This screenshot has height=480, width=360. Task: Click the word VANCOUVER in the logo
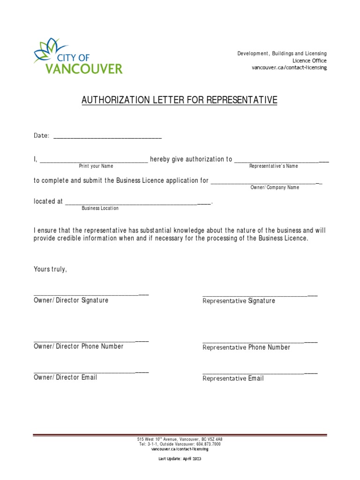point(84,68)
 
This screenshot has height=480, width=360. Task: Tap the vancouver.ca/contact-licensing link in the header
point(289,67)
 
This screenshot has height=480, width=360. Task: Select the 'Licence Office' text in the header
point(309,60)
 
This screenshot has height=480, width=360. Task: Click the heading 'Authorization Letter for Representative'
point(180,100)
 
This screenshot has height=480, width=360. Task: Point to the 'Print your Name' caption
point(96,166)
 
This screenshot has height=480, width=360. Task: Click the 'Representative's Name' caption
point(273,166)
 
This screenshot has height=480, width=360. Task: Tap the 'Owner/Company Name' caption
point(274,187)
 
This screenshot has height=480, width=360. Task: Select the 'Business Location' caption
point(100,208)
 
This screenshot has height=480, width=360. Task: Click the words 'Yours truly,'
point(51,269)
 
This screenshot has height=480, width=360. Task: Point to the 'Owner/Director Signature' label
point(71,300)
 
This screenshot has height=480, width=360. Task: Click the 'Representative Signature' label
point(239,301)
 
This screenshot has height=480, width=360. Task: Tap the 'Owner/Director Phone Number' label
point(78,346)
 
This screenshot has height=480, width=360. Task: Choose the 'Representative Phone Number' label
point(246,347)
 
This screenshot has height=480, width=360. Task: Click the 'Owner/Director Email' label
point(65,377)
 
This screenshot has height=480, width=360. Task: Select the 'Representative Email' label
point(233,378)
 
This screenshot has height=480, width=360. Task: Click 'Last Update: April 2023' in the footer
point(180,458)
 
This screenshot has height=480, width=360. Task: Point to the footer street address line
point(180,439)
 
